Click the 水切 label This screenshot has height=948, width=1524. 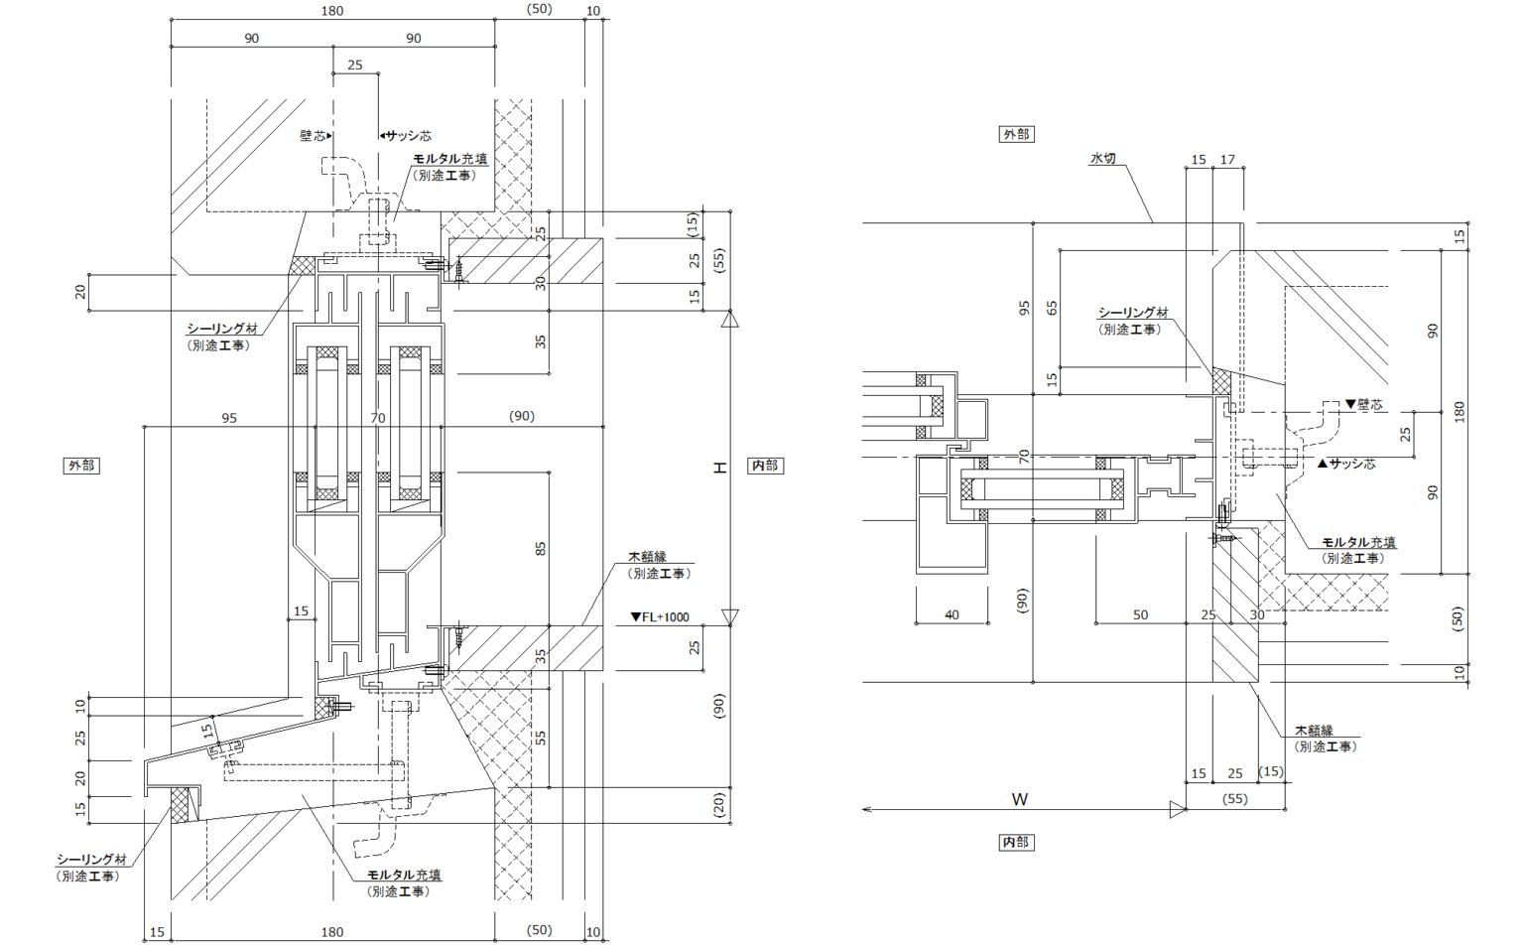tap(1102, 159)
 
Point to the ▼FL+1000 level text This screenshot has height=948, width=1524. tap(660, 616)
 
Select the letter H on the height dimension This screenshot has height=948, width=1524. tap(720, 467)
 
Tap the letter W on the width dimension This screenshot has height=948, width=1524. tap(1020, 799)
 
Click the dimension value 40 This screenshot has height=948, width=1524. tap(952, 614)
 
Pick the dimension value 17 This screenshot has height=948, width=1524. tap(1227, 159)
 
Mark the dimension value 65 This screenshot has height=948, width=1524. tap(1052, 308)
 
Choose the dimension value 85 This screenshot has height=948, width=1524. tap(541, 548)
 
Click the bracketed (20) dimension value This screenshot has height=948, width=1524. tap(720, 803)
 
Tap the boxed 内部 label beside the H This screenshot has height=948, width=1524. tap(764, 466)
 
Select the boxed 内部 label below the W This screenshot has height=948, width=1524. tap(1016, 842)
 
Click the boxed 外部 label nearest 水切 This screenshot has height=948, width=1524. tap(1016, 134)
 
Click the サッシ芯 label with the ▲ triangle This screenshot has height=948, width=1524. tap(1346, 464)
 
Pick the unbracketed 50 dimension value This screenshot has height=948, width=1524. tap(1140, 614)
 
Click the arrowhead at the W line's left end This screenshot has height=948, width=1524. tap(866, 810)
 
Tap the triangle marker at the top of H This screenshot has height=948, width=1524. tap(730, 319)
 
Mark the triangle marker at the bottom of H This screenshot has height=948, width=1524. tap(730, 617)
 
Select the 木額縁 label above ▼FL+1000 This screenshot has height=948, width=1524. tap(647, 557)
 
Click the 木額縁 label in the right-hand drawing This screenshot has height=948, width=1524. tap(1314, 731)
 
